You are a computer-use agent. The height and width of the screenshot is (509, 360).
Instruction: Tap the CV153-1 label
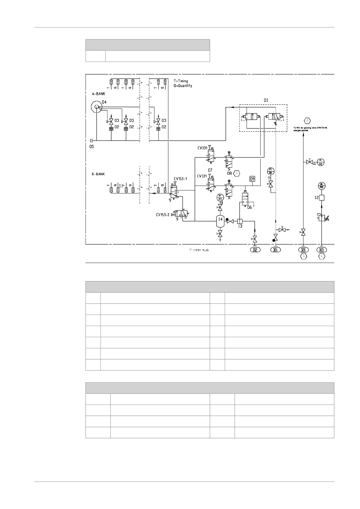pos(180,179)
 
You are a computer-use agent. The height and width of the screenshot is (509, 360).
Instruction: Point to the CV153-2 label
pos(163,215)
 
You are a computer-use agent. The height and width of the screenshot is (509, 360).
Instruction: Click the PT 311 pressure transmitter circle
pos(220,198)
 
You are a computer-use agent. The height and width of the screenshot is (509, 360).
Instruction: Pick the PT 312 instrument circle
pos(321,162)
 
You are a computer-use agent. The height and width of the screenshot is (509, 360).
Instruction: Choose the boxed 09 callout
pos(252,179)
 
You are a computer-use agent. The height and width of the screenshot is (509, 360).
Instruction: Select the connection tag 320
pos(303,250)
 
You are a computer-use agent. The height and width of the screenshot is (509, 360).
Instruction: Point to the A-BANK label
pos(99,94)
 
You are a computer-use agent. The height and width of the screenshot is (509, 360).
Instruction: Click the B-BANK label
pos(98,174)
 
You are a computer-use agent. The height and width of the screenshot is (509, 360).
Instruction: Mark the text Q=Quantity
pos(183,86)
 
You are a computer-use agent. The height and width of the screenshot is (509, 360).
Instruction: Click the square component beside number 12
pos(321,198)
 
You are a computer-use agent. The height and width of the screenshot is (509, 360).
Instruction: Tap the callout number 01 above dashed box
pos(266,100)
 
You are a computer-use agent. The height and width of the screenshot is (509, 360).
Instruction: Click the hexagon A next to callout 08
pos(237,173)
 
